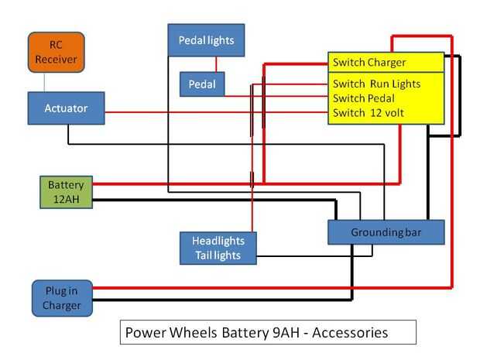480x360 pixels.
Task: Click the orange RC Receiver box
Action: (x=56, y=52)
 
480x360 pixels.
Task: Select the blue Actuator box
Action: (x=66, y=108)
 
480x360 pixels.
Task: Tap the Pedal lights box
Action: (x=206, y=39)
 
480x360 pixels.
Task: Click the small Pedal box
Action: (x=201, y=84)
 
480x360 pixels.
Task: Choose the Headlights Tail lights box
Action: (x=218, y=248)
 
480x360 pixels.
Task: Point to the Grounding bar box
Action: (x=386, y=232)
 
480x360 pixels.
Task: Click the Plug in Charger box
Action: (x=62, y=298)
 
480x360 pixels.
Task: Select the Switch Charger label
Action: (x=369, y=62)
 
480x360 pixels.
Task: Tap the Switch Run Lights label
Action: (x=377, y=84)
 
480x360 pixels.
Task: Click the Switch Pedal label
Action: (x=364, y=98)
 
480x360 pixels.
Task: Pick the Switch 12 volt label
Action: (x=369, y=113)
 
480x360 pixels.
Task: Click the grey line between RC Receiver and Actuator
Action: (x=44, y=84)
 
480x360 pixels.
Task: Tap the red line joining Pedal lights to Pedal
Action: (x=216, y=63)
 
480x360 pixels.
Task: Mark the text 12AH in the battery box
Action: (x=66, y=199)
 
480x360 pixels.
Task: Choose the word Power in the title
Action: (x=144, y=332)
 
